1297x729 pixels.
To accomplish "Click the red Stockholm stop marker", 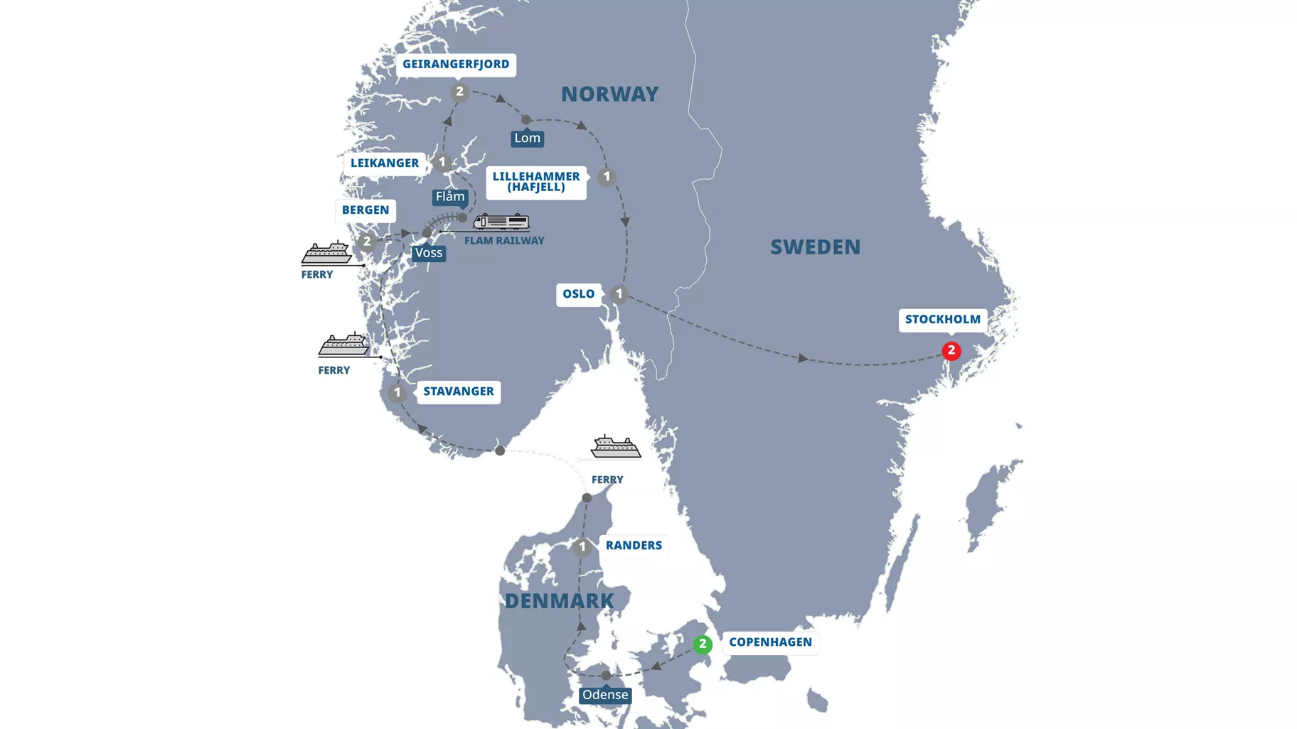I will click(951, 351).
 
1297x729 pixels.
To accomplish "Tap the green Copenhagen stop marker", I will click(703, 644).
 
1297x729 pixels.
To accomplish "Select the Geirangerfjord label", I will click(456, 65).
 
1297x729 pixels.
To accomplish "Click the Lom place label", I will click(527, 139).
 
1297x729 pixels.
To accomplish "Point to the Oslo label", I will click(578, 294).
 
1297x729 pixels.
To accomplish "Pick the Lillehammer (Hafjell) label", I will click(536, 182).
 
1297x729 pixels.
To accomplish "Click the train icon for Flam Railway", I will click(501, 222).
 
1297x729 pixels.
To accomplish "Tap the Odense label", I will click(605, 695).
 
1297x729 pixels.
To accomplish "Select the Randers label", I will click(634, 546).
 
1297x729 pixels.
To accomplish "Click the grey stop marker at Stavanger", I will click(397, 392).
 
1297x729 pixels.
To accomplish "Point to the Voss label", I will click(428, 253).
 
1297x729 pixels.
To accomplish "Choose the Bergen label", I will click(365, 210).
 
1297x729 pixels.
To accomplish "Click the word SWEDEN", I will click(815, 247).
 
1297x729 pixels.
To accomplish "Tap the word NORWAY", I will click(609, 94).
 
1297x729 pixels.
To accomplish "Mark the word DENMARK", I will click(559, 601).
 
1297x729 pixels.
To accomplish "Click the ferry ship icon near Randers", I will click(615, 447).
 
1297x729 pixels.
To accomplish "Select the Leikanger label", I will click(385, 163).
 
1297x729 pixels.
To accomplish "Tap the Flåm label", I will click(450, 197).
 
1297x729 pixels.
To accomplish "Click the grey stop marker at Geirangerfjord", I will click(459, 92).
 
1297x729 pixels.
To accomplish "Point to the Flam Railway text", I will click(504, 241).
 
